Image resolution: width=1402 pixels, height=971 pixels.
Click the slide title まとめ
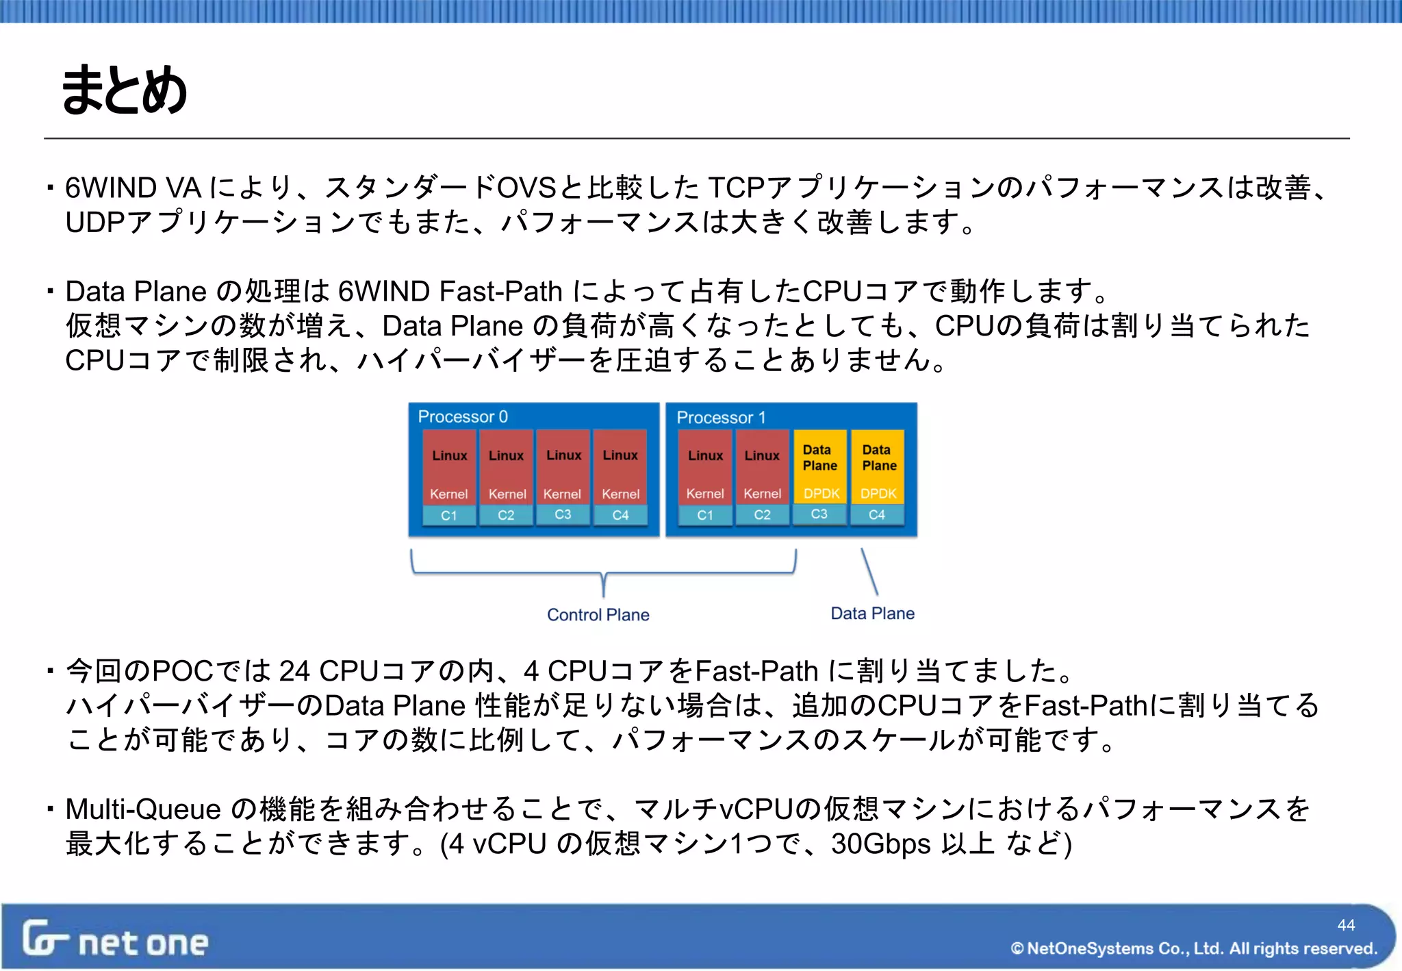tap(124, 90)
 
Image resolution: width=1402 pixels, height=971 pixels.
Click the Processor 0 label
tap(463, 416)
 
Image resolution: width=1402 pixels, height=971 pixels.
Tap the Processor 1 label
tap(721, 417)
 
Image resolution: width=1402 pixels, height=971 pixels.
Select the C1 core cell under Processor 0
tap(449, 516)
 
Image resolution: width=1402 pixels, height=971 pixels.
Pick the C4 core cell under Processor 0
tap(620, 515)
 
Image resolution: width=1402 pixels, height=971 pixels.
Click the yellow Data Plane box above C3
tap(819, 466)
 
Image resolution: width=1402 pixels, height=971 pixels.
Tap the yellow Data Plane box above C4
tap(878, 466)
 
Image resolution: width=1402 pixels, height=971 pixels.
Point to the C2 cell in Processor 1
tap(762, 515)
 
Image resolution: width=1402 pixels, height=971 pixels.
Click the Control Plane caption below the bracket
tap(598, 615)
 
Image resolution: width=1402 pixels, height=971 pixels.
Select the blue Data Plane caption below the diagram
tap(872, 614)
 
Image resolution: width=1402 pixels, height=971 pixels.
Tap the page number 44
tap(1346, 925)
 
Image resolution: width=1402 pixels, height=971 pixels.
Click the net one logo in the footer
tap(115, 940)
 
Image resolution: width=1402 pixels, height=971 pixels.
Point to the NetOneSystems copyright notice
tap(1193, 948)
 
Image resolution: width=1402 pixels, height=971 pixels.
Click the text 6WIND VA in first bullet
tap(133, 188)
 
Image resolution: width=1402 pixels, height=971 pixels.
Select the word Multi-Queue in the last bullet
tap(142, 809)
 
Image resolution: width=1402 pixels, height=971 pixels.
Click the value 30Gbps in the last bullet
tap(881, 844)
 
